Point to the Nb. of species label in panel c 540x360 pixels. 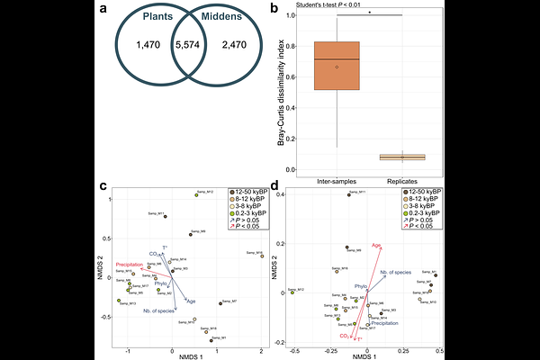[x=158, y=310]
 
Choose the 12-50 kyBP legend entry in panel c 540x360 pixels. [x=247, y=193]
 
